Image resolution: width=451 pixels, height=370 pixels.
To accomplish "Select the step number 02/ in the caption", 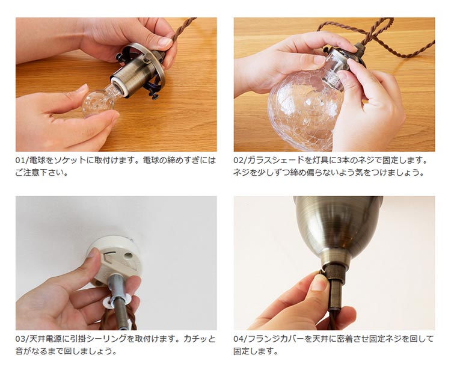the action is click(x=240, y=160).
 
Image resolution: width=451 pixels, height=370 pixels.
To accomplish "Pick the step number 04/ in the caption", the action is click(x=240, y=339).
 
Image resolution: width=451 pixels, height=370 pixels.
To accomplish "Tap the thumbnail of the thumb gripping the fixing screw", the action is click(x=318, y=282).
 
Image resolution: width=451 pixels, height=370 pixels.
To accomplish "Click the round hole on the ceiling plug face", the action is click(x=128, y=255).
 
